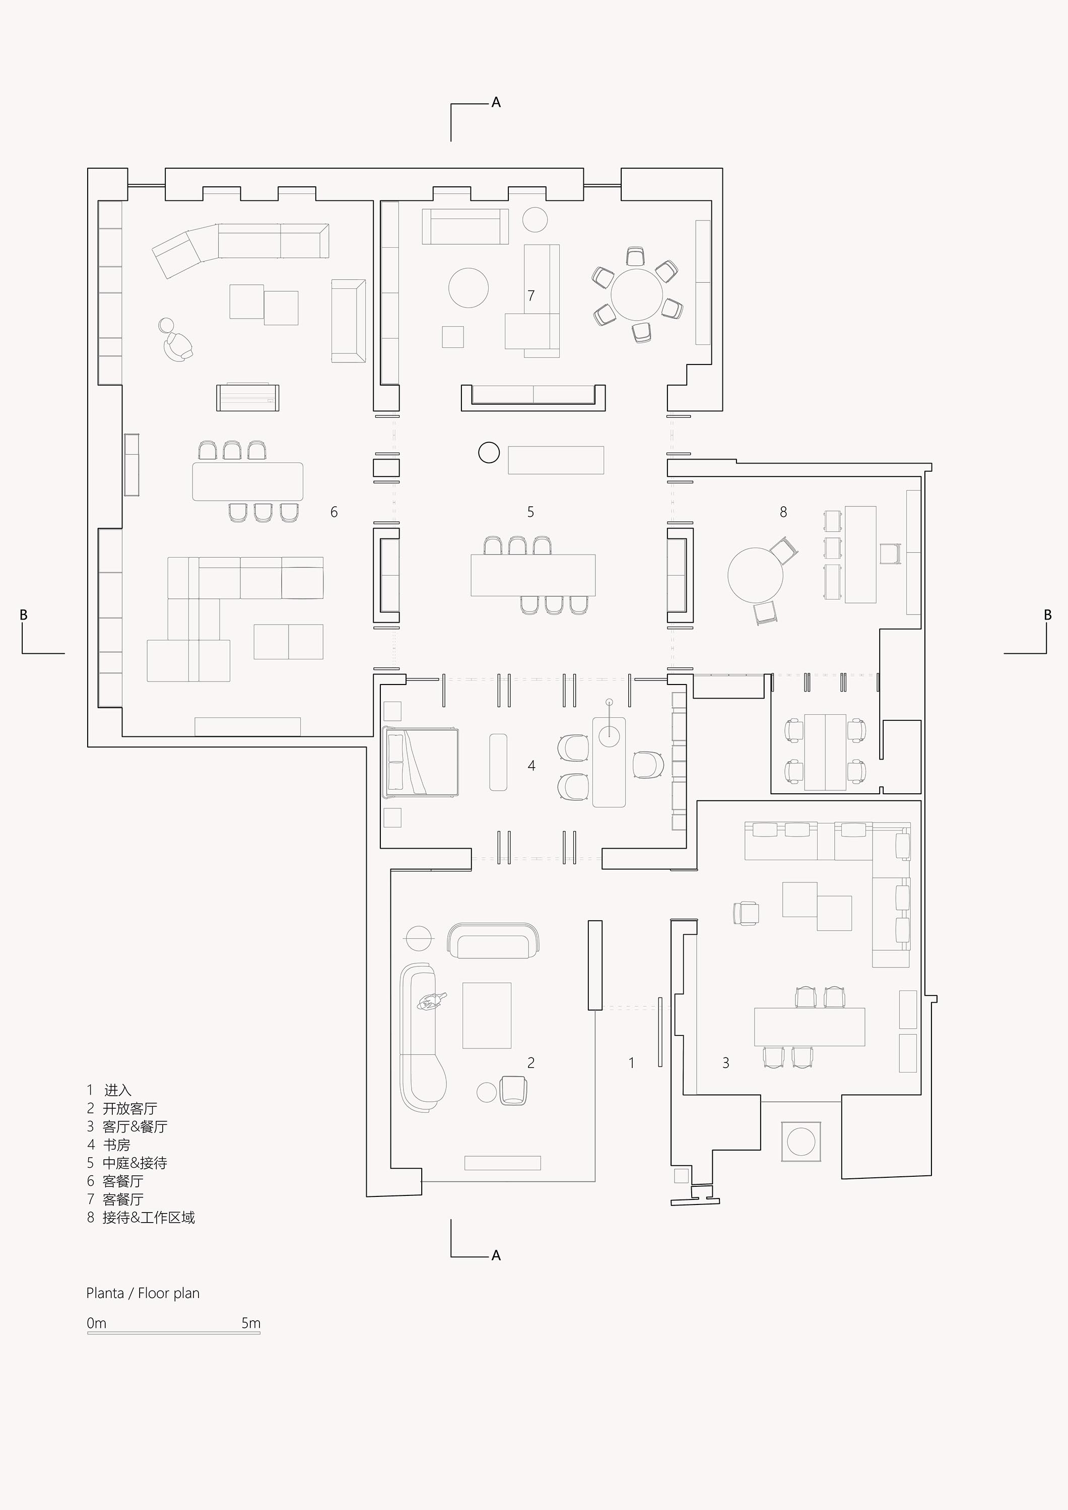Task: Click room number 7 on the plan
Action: tap(531, 295)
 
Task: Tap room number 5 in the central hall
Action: tap(530, 512)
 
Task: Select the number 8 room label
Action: tap(783, 512)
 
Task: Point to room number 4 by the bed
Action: tap(531, 766)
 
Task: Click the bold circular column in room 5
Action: tap(489, 452)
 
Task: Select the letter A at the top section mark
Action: tap(496, 103)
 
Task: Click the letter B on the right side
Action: tap(1048, 615)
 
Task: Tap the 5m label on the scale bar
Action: tap(251, 1323)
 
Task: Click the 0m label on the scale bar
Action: tap(96, 1323)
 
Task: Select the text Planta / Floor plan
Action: tap(143, 1293)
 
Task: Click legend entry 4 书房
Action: tap(109, 1145)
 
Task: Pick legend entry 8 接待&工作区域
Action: tap(141, 1218)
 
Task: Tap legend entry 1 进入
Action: tap(109, 1090)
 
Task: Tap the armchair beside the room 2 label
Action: tap(513, 1090)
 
